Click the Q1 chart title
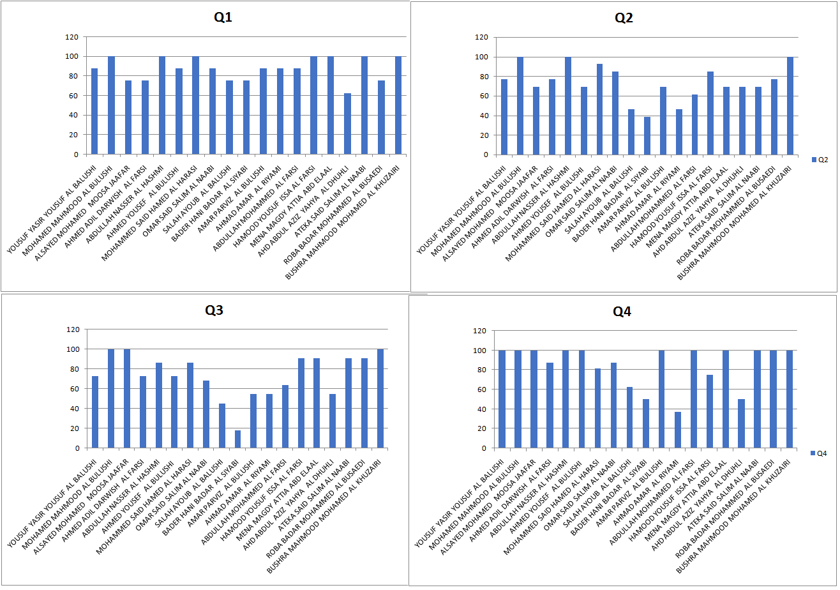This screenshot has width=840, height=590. coord(223,18)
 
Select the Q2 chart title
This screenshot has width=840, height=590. coord(624,18)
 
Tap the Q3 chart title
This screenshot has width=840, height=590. coord(214,311)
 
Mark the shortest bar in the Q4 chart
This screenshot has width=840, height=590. coord(678,430)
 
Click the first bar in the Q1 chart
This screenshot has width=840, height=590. coord(94,111)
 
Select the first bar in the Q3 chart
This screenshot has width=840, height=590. coord(95,412)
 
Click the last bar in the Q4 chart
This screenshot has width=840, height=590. coord(789,399)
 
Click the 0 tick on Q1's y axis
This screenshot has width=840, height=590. coord(77,155)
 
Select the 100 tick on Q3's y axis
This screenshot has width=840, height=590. coord(73,349)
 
